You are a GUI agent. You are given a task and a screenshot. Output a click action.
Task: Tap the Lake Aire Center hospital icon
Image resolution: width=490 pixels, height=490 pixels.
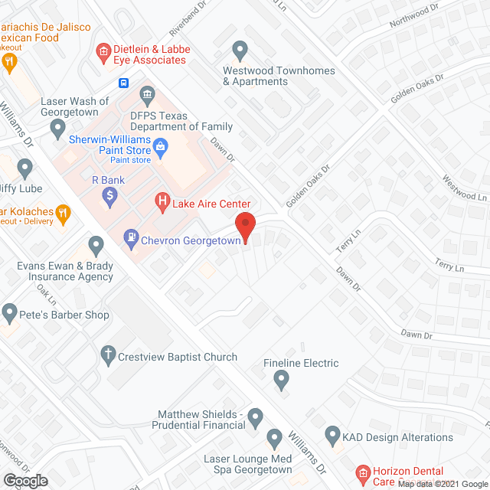tap(162, 202)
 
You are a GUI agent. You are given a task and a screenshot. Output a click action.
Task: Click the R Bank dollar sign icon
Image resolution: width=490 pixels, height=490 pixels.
tap(110, 197)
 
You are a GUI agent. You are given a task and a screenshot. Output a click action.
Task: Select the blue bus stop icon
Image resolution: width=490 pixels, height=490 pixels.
tap(122, 83)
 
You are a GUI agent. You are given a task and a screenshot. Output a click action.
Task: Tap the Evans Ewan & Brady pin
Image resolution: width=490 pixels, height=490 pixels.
tap(96, 247)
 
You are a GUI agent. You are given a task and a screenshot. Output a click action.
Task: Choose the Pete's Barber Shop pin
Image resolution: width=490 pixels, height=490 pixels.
tap(9, 312)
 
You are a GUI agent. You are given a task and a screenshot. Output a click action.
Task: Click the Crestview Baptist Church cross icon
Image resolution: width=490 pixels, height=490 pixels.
tap(107, 356)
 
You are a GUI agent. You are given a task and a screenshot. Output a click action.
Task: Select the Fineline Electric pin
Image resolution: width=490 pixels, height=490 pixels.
tap(282, 379)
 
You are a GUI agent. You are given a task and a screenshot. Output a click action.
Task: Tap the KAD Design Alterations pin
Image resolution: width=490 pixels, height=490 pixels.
tap(333, 436)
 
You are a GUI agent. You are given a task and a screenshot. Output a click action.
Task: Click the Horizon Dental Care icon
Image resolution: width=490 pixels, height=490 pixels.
tap(363, 472)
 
